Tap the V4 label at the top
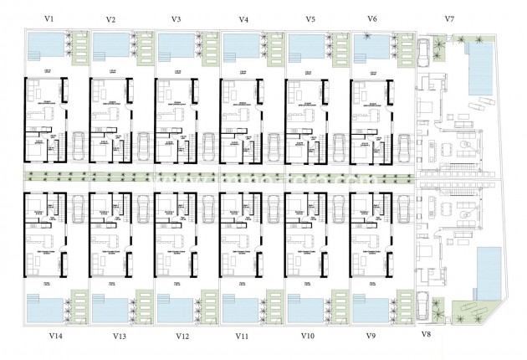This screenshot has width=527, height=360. click(243, 18)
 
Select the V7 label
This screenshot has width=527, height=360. click(449, 18)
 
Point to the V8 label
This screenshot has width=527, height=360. click(426, 334)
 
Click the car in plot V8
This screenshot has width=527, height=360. click(426, 306)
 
